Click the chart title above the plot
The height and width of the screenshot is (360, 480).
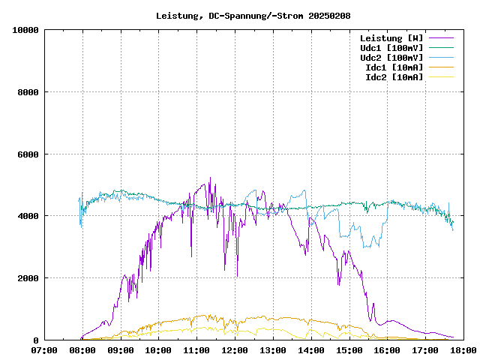coord(253,15)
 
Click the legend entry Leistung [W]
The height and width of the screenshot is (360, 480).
coord(391,37)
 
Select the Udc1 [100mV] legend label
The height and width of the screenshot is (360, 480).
coord(391,47)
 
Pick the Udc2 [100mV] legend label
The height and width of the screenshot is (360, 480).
coord(391,57)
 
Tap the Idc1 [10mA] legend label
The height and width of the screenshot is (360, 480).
coord(394,67)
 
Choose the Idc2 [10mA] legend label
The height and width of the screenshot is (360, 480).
coord(394,76)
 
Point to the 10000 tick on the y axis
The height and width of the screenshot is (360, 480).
coord(25,30)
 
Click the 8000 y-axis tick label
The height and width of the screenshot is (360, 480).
coord(28,92)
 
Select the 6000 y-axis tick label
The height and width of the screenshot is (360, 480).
coord(28,154)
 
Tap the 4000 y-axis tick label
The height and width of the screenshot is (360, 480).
coord(28,216)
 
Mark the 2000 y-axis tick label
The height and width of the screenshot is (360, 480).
coord(28,278)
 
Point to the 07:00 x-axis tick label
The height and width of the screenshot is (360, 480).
coord(44,350)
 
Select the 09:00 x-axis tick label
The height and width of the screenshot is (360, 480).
coord(121,350)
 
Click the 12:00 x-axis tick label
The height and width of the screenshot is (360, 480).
coord(235,350)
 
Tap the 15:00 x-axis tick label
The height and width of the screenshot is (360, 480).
coord(349,350)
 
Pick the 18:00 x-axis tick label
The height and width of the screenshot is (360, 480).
coord(463,350)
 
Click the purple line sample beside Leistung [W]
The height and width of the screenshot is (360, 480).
coord(441,37)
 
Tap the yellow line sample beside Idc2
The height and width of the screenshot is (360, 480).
coord(441,76)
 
